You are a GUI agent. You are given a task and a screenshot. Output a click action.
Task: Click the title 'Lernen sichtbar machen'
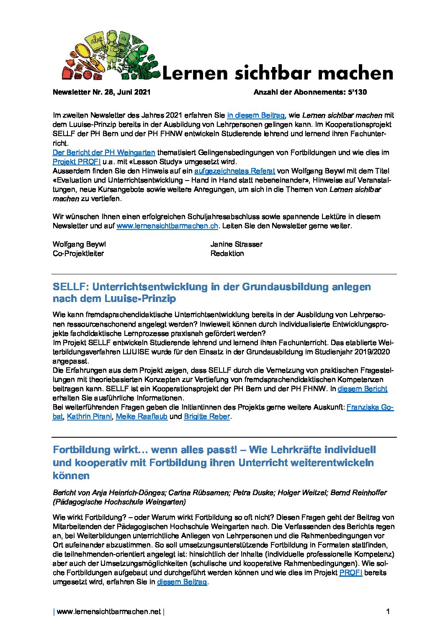click(277, 73)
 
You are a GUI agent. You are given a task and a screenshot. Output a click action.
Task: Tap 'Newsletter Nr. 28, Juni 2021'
click(101, 92)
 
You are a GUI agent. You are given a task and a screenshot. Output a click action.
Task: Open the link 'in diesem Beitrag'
click(256, 115)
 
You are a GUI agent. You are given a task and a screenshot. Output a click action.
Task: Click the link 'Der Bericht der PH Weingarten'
click(104, 152)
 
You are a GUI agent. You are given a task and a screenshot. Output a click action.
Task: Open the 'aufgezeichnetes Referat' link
click(234, 171)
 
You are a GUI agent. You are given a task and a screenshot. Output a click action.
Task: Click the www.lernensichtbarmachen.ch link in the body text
click(167, 226)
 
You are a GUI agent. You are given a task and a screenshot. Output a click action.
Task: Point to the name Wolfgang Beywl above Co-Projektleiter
click(79, 244)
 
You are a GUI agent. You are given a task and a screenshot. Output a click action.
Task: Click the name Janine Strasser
click(236, 244)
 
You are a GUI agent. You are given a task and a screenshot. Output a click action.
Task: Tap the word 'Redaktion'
click(227, 253)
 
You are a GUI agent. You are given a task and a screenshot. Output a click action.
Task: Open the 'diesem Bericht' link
click(362, 389)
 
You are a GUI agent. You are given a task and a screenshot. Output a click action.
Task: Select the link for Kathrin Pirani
click(89, 416)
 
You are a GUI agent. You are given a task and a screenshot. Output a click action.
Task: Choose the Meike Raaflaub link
click(142, 416)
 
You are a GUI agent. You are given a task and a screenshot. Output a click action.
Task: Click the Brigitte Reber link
click(207, 416)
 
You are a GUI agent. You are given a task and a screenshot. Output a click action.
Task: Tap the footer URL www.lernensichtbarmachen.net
click(108, 612)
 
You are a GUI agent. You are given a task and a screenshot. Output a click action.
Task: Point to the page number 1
click(388, 612)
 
